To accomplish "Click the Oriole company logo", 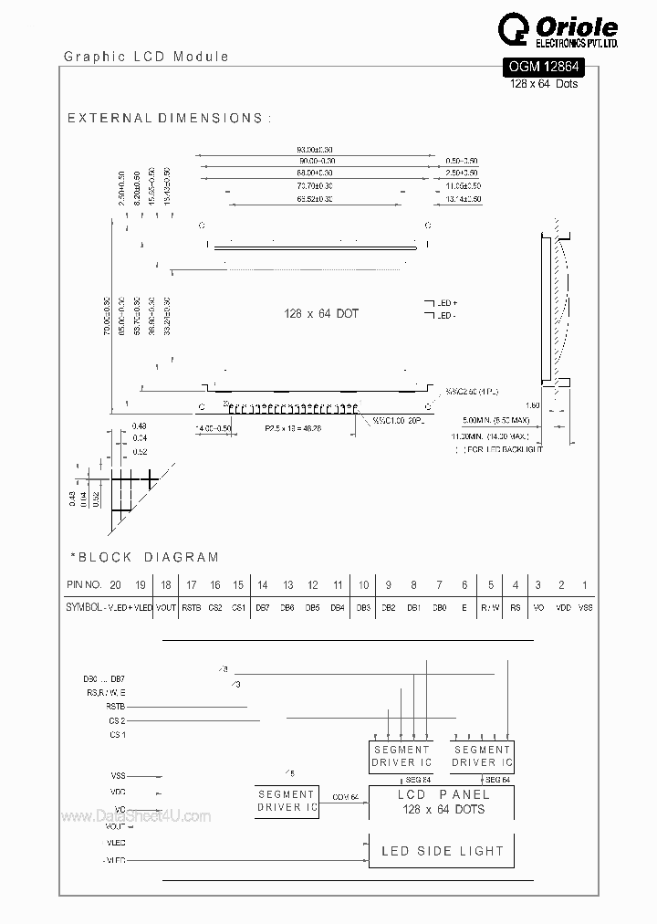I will click(558, 33).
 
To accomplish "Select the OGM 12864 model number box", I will click(544, 67).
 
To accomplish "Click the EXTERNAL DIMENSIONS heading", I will click(168, 119).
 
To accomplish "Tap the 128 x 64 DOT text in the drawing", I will click(320, 313).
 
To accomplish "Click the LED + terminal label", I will click(446, 302).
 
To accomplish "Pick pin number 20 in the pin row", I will click(115, 584).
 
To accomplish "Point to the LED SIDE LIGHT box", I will click(442, 851).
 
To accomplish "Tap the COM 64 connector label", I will click(346, 796).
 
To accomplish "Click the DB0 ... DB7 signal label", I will click(104, 679).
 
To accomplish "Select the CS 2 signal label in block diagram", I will click(117, 720).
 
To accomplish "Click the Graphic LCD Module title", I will click(146, 57).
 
